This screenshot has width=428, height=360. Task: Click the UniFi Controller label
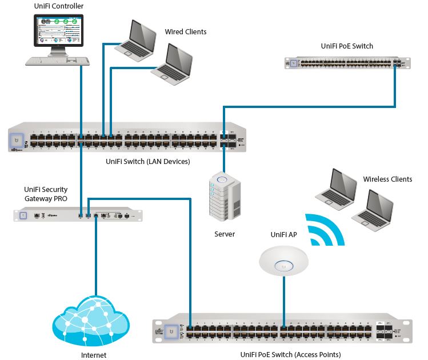coord(59,6)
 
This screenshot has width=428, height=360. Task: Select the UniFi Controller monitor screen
coord(59,30)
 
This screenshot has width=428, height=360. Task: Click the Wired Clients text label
coord(186,31)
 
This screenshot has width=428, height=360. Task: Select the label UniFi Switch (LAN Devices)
coord(148,162)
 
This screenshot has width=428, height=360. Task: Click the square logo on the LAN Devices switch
coord(18,139)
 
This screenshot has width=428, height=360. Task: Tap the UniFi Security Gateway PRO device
coord(78,215)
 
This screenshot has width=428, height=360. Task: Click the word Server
coord(225,234)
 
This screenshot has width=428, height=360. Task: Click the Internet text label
coord(94,355)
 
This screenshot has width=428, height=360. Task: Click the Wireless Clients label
coord(387,179)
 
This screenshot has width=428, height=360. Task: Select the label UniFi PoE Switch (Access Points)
coord(290,355)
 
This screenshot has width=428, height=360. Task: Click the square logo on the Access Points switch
coord(169,330)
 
